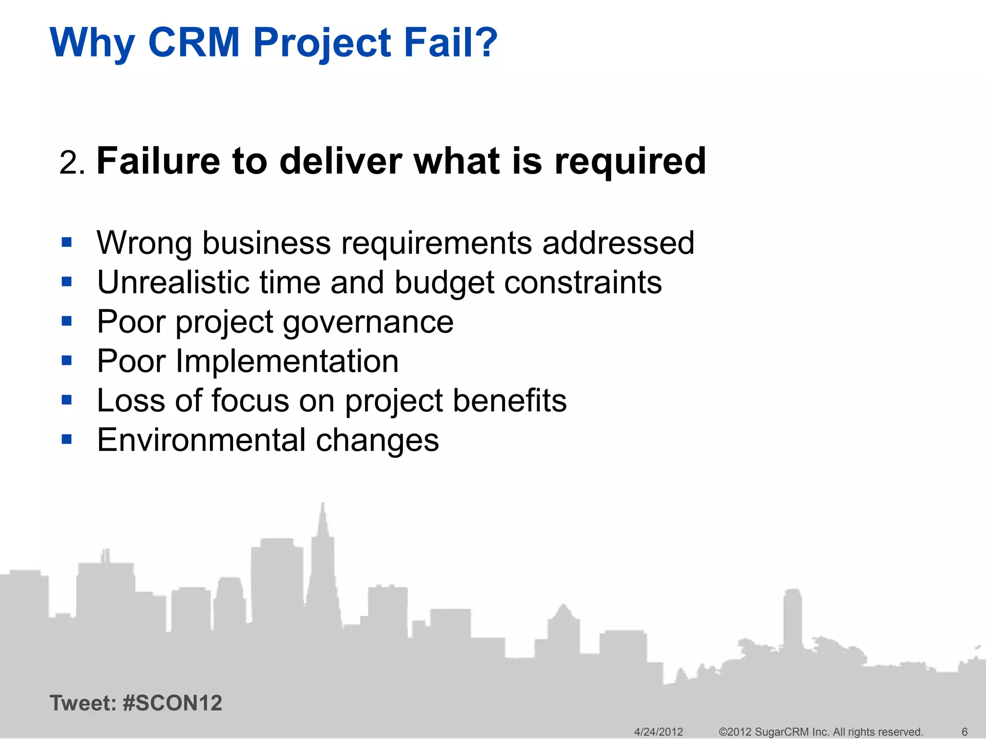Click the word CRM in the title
pos(194,42)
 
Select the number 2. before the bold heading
pos(72,163)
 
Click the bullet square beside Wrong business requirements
pos(67,242)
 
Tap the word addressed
pos(618,242)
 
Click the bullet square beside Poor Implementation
pos(67,360)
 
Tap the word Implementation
pos(287,361)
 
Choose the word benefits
pos(509,400)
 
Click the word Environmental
pos(201,440)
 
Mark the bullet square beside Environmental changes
pos(67,439)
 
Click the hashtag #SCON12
pos(172,703)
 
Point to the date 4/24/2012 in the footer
pos(658,732)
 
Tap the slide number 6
pos(964,732)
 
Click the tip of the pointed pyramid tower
pos(323,504)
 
